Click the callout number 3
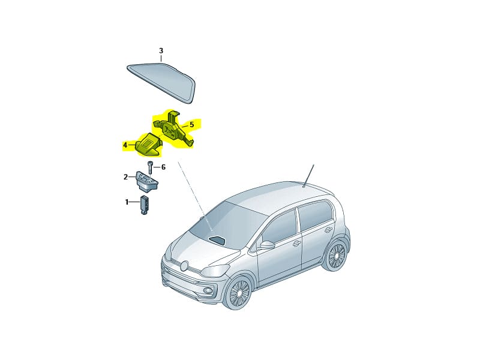pos(161,51)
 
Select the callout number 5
pos(192,125)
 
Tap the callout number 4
pos(125,145)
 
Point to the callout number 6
pos(163,167)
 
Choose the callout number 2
pos(125,176)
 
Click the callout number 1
pos(127,202)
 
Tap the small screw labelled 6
pos(151,167)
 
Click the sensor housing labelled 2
pos(147,181)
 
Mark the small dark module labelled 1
pos(145,205)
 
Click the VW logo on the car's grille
pos(184,266)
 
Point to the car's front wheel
pos(239,292)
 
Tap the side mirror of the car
pos(267,244)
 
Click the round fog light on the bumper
pos(209,289)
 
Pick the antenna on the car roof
pos(308,176)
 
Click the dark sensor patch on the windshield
pos(217,239)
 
